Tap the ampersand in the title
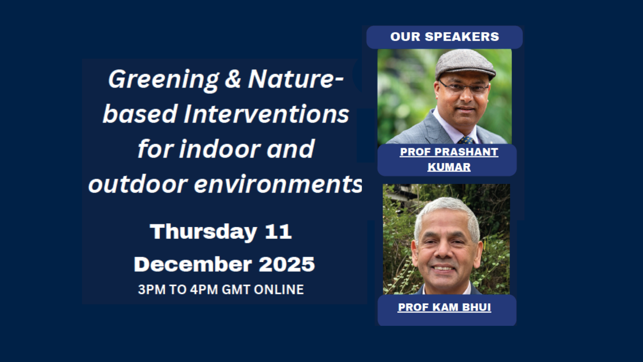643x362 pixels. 233,79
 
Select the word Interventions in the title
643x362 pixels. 266,114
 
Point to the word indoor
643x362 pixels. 220,149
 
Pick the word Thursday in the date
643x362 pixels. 203,232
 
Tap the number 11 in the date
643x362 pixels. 278,232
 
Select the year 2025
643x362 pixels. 287,264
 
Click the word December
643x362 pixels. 193,264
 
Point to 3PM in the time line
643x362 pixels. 152,290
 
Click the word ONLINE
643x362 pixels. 279,290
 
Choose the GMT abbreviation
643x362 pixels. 236,290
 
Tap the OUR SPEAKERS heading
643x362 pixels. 444,37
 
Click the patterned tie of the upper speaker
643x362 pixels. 466,140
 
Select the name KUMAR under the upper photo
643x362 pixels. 449,167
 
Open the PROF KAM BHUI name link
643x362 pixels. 444,307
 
